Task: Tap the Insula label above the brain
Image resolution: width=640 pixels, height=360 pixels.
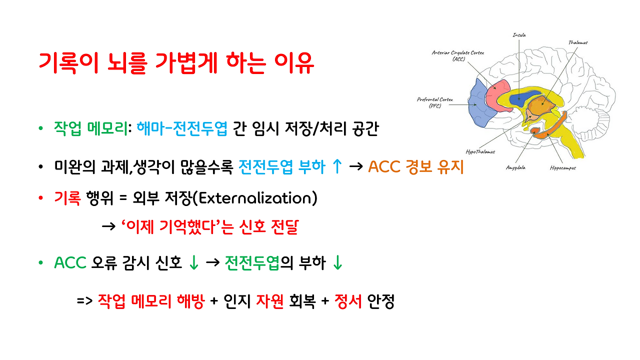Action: pos(519,35)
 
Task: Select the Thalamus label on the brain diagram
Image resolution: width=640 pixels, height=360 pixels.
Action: pos(577,42)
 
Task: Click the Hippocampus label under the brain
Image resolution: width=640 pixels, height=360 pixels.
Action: pos(562,168)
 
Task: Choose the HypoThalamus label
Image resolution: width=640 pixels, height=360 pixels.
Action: pos(480,151)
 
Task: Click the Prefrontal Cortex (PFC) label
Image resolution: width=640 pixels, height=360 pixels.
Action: pos(435,102)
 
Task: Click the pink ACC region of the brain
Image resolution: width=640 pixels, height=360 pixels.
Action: pos(495,95)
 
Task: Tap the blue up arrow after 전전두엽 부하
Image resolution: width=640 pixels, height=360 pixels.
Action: pos(337,167)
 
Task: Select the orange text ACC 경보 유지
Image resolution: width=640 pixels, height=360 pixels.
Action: pos(416,167)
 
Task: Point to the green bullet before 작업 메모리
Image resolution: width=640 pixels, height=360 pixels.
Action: pos(41,129)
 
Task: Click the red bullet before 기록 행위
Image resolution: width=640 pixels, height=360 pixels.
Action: pos(41,199)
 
